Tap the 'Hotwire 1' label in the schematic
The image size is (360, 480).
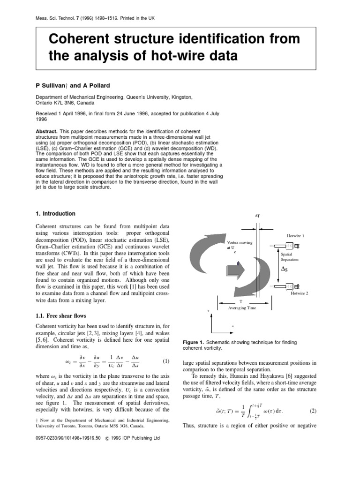[x=296, y=236]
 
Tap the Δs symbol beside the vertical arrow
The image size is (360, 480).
[x=284, y=269]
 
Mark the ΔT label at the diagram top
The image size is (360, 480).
[x=257, y=217]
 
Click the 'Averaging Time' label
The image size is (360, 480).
[x=242, y=308]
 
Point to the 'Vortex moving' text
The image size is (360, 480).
[x=240, y=242]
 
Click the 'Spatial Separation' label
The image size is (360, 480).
[x=289, y=256]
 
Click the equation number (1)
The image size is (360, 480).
[x=165, y=361]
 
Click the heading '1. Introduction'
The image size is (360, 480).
[x=55, y=214]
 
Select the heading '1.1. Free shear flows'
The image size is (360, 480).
[x=61, y=315]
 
